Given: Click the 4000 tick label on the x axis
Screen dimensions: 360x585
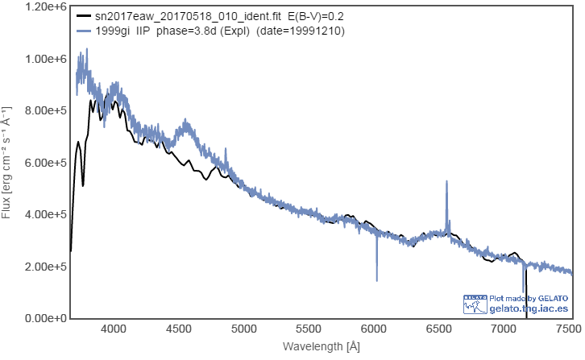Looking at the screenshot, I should [114, 329].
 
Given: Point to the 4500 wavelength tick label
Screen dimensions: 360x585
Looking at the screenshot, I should [179, 329].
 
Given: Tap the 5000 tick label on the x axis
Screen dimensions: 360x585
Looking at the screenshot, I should [243, 329].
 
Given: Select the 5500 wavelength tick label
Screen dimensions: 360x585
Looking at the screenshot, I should [308, 329].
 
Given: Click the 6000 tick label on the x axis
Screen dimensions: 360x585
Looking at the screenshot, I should [373, 329].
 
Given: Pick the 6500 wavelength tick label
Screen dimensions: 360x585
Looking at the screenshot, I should [438, 329].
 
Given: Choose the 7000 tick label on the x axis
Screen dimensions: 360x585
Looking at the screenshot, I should [502, 329].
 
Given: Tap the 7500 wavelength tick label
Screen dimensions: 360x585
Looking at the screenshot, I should [566, 329].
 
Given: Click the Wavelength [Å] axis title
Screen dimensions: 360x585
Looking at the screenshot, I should [321, 346].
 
